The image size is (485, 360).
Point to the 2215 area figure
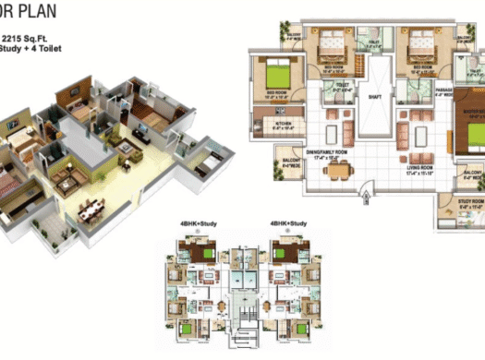[x=16, y=36]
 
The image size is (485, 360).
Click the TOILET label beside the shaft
[x=342, y=85]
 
